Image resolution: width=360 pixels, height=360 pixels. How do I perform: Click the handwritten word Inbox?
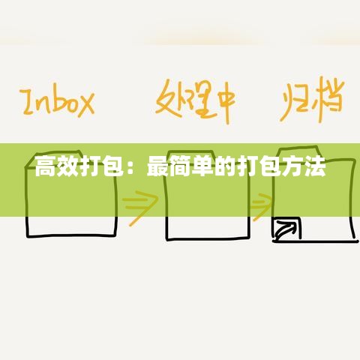click(x=57, y=103)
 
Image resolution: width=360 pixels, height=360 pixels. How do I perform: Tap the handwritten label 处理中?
click(x=196, y=101)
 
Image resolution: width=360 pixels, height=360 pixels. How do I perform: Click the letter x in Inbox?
click(x=84, y=105)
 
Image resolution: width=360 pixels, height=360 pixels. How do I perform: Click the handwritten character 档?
click(x=329, y=99)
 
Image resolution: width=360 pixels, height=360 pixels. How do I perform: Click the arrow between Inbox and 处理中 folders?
click(x=140, y=208)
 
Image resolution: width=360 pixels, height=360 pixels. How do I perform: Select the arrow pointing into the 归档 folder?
click(x=262, y=207)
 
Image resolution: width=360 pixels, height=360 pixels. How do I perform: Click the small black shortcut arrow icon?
click(x=286, y=229)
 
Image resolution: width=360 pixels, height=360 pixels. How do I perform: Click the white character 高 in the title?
click(x=44, y=166)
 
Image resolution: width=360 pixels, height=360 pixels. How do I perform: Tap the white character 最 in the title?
click(x=156, y=166)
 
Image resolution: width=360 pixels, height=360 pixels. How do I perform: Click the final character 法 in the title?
click(x=316, y=166)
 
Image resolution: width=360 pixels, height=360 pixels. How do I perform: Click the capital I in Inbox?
click(x=28, y=103)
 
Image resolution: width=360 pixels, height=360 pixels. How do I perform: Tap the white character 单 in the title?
click(x=201, y=166)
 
